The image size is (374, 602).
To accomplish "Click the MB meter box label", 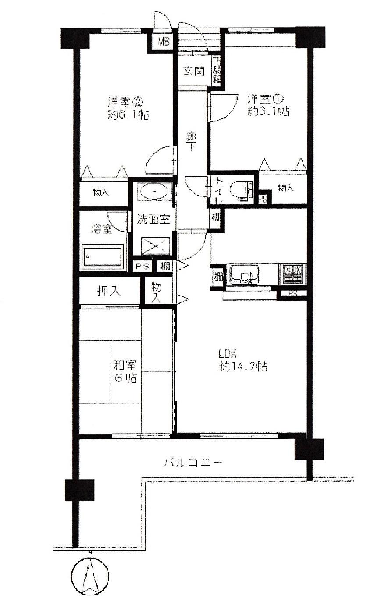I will click(x=164, y=42).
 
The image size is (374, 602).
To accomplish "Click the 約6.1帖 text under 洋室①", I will click(x=268, y=111).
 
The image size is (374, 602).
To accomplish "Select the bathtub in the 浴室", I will click(x=103, y=256).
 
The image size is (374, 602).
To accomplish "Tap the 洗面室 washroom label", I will click(x=153, y=219).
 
